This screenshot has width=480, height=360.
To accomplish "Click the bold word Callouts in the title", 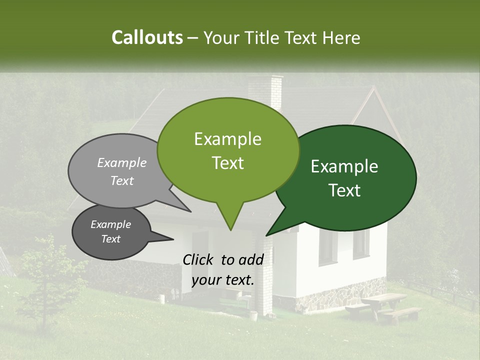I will point(147,38).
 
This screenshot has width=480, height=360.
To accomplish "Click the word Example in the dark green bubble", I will point(344,166).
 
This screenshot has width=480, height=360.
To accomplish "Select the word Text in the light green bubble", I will point(228,163).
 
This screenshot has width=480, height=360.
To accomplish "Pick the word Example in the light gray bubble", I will point(122,163).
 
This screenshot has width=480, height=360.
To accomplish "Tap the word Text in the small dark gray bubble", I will point(111,239).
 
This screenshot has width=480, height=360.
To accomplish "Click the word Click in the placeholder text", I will point(199,259).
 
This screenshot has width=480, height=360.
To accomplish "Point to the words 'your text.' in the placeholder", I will point(223,280).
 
